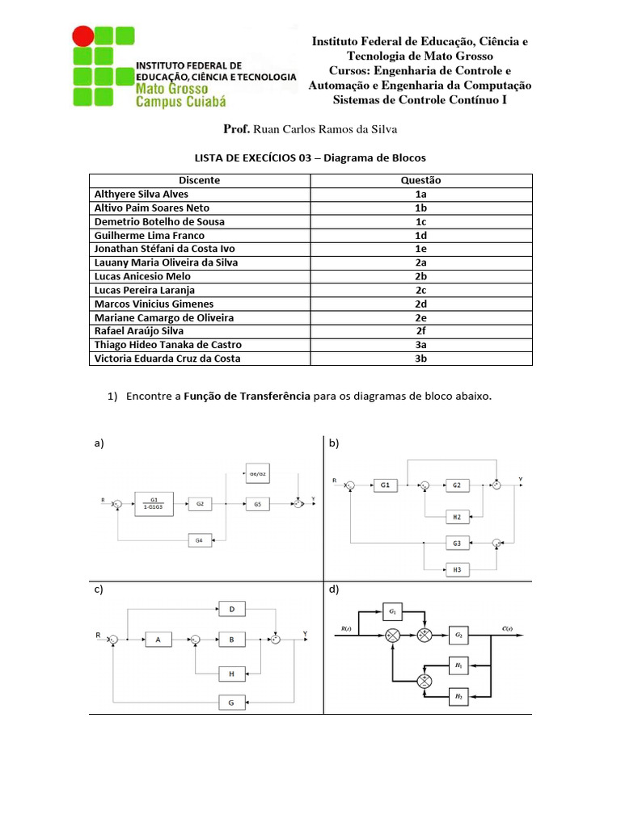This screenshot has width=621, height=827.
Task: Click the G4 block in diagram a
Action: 199,539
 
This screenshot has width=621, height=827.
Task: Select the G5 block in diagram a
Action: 257,503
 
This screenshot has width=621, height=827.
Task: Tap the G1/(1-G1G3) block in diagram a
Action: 154,502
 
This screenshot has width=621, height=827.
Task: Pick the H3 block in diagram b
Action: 457,569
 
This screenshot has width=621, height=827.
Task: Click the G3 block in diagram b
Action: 457,543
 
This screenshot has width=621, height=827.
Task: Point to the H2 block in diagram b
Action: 457,515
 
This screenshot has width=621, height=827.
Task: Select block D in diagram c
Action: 232,608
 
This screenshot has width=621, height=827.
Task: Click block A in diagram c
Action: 158,640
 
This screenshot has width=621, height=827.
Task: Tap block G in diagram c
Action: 232,703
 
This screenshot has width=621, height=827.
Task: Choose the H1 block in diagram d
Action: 458,666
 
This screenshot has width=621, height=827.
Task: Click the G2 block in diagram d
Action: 458,636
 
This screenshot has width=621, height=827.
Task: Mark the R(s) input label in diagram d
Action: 345,628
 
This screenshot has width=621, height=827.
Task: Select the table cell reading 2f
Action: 420,331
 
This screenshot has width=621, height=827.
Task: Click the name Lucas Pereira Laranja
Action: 145,290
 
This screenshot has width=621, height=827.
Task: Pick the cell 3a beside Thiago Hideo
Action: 420,345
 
